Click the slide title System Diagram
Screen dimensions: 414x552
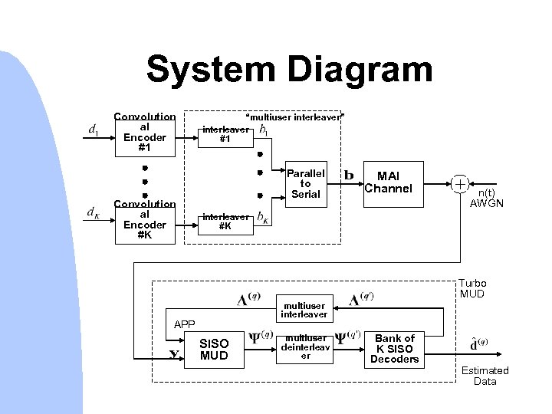289,70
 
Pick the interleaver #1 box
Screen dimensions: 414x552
225,135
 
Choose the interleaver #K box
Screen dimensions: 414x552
225,222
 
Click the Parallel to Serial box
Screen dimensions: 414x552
305,183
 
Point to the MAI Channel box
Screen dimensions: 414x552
390,182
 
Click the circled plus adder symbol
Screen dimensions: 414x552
460,184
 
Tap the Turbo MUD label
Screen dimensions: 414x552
473,289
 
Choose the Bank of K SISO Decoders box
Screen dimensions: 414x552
395,348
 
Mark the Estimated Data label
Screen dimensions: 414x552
485,376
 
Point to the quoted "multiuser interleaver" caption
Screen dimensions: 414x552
294,117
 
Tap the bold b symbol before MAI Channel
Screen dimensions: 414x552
349,175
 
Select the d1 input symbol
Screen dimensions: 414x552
93,131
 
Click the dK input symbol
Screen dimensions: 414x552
93,212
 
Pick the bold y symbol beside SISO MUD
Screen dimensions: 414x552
174,353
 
